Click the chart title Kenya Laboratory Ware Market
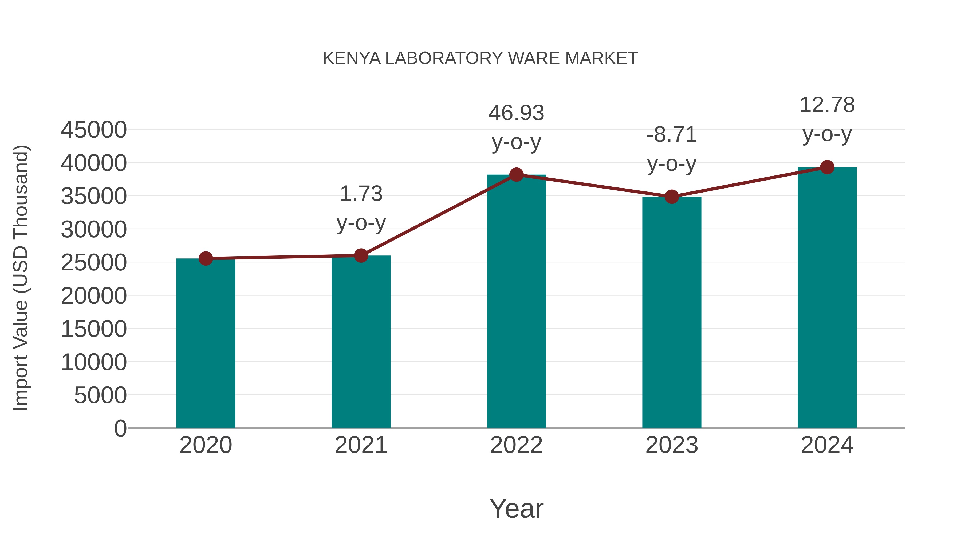point(480,58)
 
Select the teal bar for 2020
point(206,343)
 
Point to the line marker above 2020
point(206,258)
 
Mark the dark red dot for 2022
point(516,174)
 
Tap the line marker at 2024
point(827,167)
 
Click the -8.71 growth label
point(672,149)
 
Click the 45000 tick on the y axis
point(94,130)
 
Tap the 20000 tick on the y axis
point(94,296)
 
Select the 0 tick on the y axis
point(120,428)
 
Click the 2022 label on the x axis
point(516,445)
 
